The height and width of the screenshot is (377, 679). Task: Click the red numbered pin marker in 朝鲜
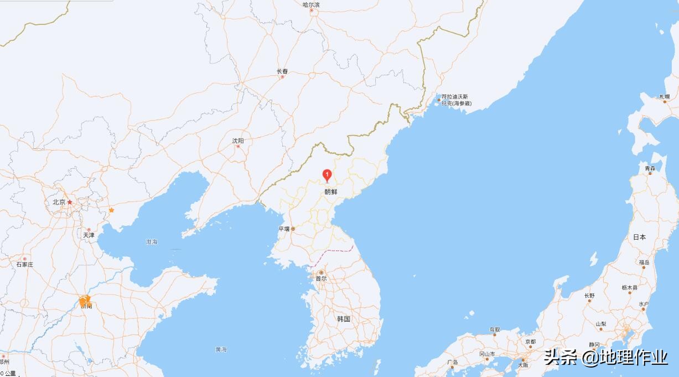pyautogui.click(x=326, y=175)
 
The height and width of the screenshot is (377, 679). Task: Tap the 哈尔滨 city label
pyautogui.click(x=311, y=5)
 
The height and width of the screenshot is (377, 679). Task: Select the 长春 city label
pyautogui.click(x=282, y=71)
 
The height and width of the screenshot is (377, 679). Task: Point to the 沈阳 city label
pyautogui.click(x=238, y=141)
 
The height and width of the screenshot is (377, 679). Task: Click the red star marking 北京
pyautogui.click(x=70, y=202)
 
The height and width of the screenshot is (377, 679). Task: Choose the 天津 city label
pyautogui.click(x=89, y=235)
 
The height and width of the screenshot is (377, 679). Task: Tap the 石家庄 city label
pyautogui.click(x=25, y=265)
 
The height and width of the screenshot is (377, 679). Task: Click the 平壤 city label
pyautogui.click(x=284, y=229)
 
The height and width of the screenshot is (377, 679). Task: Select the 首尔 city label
pyautogui.click(x=321, y=278)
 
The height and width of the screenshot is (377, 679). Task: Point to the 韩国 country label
pyautogui.click(x=344, y=319)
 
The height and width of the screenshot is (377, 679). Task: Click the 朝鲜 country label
pyautogui.click(x=330, y=192)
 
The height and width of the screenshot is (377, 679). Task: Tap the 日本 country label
pyautogui.click(x=639, y=237)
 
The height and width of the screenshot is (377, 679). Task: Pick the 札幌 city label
pyautogui.click(x=664, y=97)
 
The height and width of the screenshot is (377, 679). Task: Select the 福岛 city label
pyautogui.click(x=644, y=262)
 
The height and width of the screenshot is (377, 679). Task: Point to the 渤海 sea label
pyautogui.click(x=152, y=242)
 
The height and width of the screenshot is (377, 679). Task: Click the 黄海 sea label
pyautogui.click(x=221, y=349)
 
